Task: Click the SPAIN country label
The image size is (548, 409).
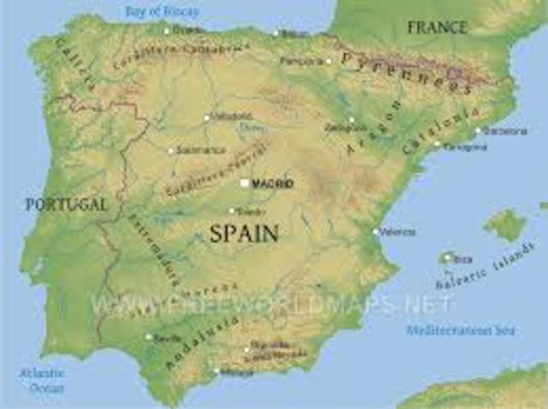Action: pos(244,232)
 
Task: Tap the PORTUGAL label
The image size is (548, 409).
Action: pos(66,204)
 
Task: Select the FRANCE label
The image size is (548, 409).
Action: pos(436,27)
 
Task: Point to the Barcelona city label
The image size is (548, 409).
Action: pos(505,131)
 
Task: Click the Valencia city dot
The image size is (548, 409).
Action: pos(375,231)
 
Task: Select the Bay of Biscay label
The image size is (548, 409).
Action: pos(161,11)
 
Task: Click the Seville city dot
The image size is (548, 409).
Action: pos(148,336)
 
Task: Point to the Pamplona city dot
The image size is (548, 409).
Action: pos(328,62)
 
